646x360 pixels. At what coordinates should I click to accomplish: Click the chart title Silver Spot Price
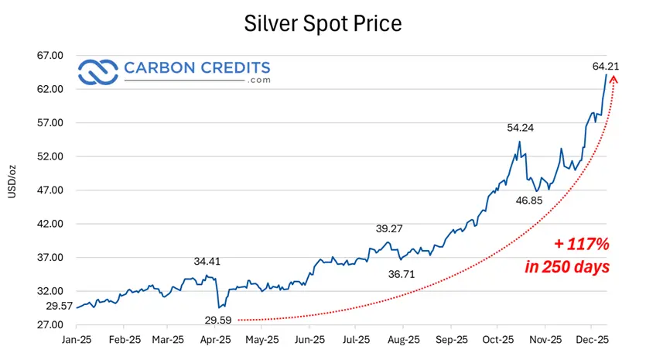pyautogui.click(x=323, y=23)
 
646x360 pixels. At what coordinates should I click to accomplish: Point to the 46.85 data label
pyautogui.click(x=531, y=201)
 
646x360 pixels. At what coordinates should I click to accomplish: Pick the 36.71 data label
pyautogui.click(x=401, y=273)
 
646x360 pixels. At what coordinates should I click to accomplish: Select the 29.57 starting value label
pyautogui.click(x=60, y=307)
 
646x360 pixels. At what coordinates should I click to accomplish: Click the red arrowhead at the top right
pyautogui.click(x=614, y=79)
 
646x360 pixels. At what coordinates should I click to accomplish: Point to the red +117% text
pyautogui.click(x=582, y=245)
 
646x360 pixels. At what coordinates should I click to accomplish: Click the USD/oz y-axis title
pyautogui.click(x=13, y=181)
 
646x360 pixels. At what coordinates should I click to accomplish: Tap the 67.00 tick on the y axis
pyautogui.click(x=52, y=56)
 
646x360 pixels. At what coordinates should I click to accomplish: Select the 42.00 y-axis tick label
pyautogui.click(x=52, y=224)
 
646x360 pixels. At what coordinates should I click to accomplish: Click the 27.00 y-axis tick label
pyautogui.click(x=52, y=325)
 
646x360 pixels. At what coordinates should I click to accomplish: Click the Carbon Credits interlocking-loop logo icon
pyautogui.click(x=97, y=72)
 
